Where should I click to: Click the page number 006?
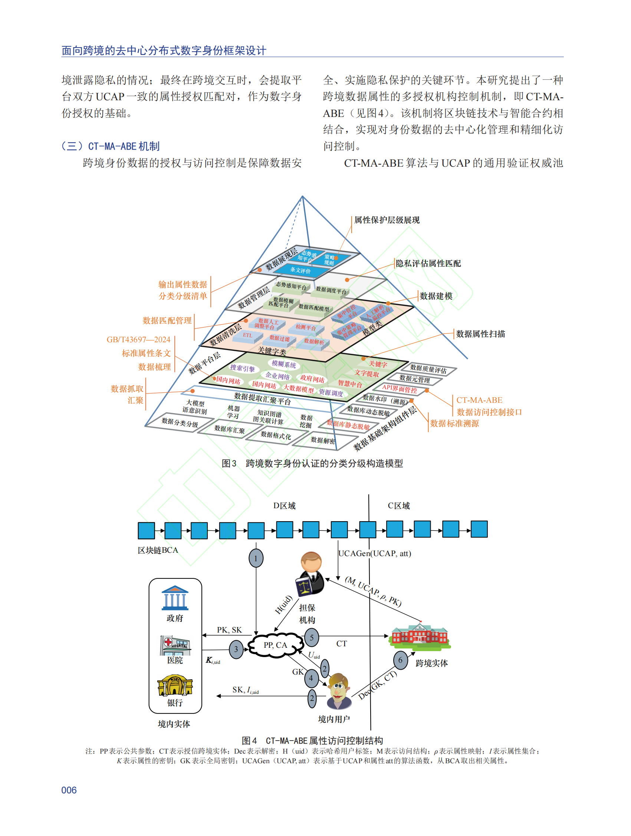coord(69,790)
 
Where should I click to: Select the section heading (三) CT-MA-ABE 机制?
coord(111,146)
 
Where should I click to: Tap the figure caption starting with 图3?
coord(312,463)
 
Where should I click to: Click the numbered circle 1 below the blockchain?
coord(256,558)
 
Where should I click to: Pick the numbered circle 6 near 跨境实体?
coord(400,660)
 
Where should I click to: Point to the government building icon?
coord(175,598)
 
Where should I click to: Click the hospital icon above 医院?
coord(175,645)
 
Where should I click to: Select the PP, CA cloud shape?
coord(276,645)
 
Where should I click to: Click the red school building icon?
coord(420,634)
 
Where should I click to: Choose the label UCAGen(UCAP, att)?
coord(375,553)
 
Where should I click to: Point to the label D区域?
coord(285,506)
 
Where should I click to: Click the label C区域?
coord(399,506)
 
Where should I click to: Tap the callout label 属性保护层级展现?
coord(387,220)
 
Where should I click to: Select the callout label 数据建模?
coord(436,296)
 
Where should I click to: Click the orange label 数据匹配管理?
coord(167,320)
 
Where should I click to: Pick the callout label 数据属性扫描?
coord(480,334)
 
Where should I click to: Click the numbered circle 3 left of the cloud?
coord(236,649)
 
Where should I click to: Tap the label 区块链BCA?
coord(158,550)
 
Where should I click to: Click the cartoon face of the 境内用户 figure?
coord(338,689)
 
